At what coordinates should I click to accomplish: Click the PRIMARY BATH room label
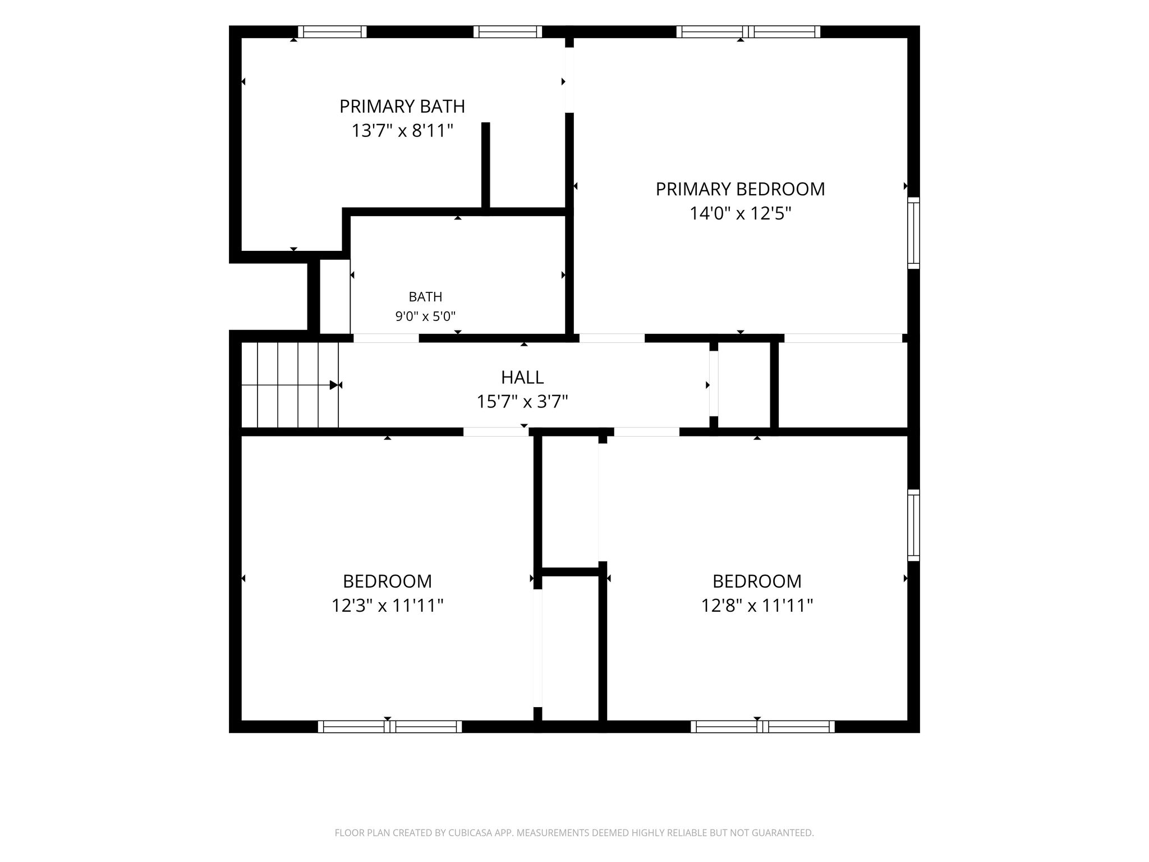pos(402,106)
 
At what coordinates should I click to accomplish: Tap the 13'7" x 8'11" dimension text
pos(402,131)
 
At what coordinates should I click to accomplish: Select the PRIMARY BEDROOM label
pos(741,189)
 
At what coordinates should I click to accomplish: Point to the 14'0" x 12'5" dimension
pos(741,214)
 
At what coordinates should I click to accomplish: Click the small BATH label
pos(425,297)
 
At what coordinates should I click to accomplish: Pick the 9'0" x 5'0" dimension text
pos(425,317)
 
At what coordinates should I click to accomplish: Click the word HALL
pos(522,377)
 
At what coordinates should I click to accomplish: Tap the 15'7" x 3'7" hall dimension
pos(522,402)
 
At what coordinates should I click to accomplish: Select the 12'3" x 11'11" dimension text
pos(388,606)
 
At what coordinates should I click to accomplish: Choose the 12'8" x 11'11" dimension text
pos(757,606)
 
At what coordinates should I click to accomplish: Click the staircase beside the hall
pos(290,385)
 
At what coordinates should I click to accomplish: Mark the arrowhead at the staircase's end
pos(334,385)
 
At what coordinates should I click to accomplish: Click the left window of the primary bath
pos(332,31)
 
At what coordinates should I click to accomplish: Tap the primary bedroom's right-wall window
pos(914,233)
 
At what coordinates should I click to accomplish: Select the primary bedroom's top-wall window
pos(748,31)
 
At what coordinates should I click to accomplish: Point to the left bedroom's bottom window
pos(390,727)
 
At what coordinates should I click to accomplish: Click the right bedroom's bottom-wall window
pos(762,727)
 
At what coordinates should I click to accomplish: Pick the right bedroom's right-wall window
pos(914,525)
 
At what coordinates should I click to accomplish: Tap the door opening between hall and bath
pos(386,338)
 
